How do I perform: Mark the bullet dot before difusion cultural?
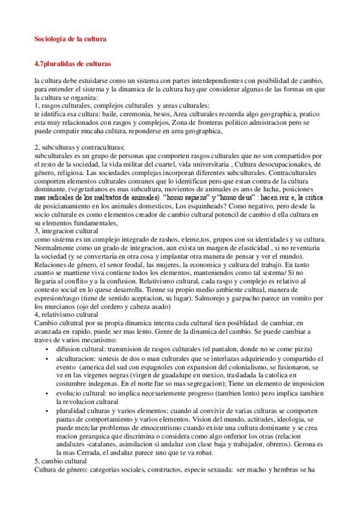48,349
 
